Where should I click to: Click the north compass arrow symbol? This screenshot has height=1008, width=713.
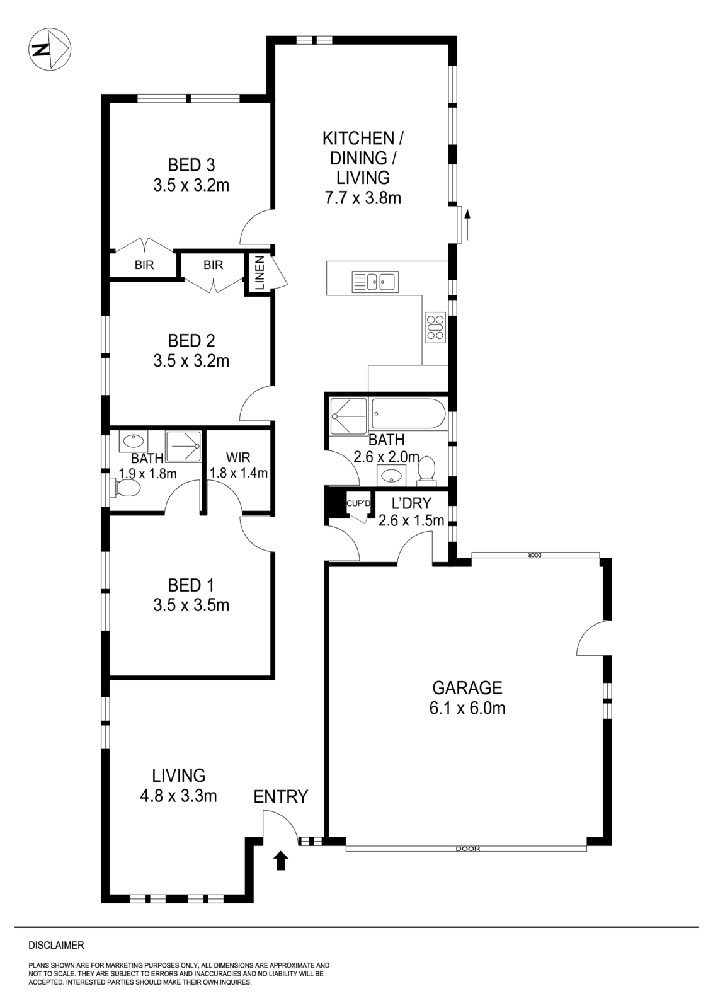coord(50,50)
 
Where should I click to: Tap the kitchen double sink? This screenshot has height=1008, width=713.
coord(374,282)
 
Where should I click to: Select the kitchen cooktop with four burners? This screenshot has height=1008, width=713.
coord(435,328)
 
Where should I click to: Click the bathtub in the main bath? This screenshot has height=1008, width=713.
coord(408,414)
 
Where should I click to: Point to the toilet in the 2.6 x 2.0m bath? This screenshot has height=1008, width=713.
coord(427,471)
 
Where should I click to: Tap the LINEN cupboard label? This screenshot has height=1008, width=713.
coord(259,272)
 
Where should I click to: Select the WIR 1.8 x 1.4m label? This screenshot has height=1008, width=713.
coord(239,465)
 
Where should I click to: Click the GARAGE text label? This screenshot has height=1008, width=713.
coord(467,687)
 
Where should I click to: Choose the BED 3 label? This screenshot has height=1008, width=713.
coord(191,165)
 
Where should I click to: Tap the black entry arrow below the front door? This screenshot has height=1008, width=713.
coord(281,861)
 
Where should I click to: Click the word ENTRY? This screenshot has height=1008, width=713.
coord(280,797)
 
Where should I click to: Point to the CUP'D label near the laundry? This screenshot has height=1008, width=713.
coord(358,503)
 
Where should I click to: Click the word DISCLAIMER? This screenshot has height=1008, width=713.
coord(56,946)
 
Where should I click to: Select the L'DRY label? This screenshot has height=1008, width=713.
coord(411,503)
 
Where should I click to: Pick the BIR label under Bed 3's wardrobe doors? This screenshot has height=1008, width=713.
coord(144,265)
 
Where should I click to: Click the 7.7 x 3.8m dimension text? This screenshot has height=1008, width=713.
coord(363,198)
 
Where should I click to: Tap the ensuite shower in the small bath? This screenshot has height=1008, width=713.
coord(183,445)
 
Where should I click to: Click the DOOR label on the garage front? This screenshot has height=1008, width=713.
coord(466,849)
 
